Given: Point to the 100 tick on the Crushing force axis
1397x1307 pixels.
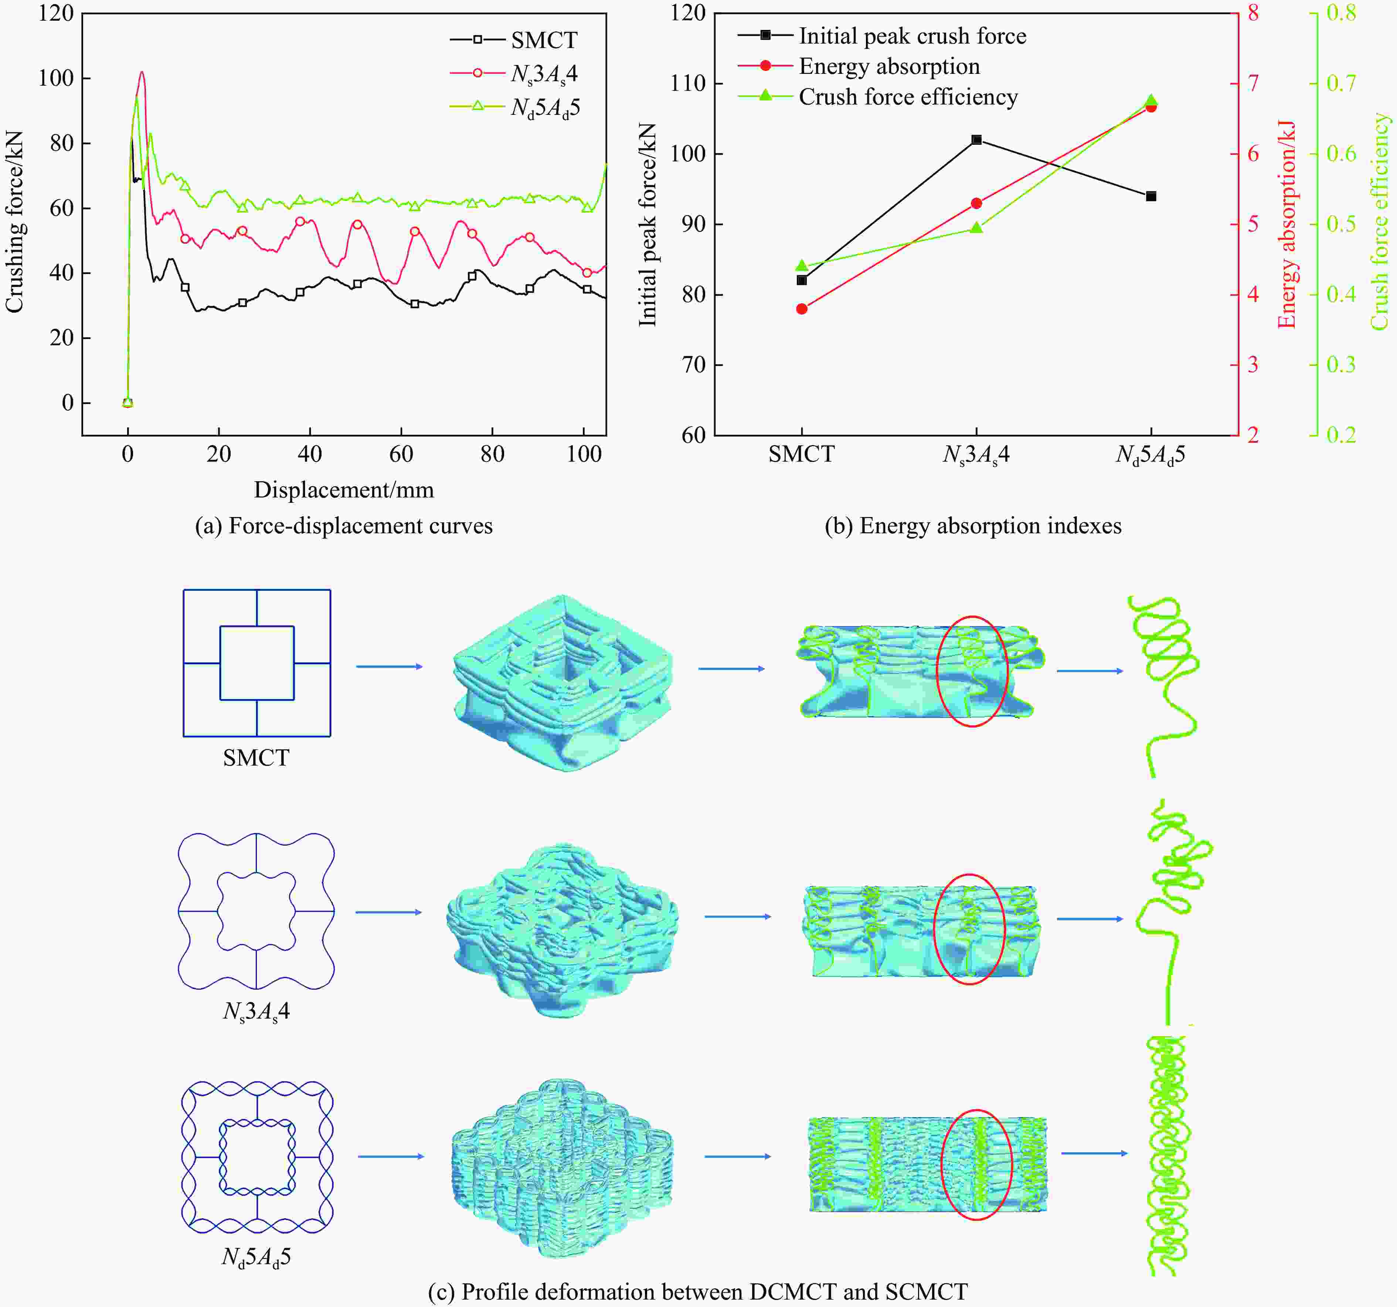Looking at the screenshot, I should (x=56, y=78).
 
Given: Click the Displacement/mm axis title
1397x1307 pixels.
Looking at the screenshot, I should (x=344, y=489).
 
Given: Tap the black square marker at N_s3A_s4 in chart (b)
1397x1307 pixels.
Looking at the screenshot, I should (x=976, y=140).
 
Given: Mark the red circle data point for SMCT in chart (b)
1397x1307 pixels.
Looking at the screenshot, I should (x=802, y=308).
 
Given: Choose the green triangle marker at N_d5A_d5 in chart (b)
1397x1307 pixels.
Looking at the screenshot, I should (x=1151, y=100).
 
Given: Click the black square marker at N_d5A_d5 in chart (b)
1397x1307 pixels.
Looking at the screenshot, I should (x=1151, y=196).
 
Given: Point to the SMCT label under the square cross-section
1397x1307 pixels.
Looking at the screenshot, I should (x=256, y=758).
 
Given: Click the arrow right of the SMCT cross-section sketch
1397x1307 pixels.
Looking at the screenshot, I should (x=388, y=666).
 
